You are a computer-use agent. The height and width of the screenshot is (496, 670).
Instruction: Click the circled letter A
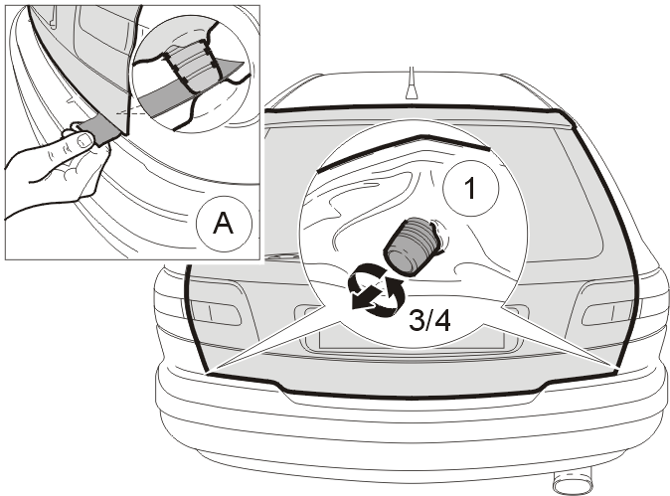coord(224,224)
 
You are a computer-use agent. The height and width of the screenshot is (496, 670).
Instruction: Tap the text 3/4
coord(429,320)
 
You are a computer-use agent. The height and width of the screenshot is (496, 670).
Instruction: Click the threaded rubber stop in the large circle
coord(411,247)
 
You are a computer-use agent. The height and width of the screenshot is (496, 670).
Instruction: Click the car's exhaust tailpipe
coord(573,482)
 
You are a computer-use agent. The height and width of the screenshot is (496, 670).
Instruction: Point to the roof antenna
coord(412,84)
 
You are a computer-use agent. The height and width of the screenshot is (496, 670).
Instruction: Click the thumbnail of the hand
coord(85,140)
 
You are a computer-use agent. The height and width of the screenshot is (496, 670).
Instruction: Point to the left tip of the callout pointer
coord(208,373)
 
